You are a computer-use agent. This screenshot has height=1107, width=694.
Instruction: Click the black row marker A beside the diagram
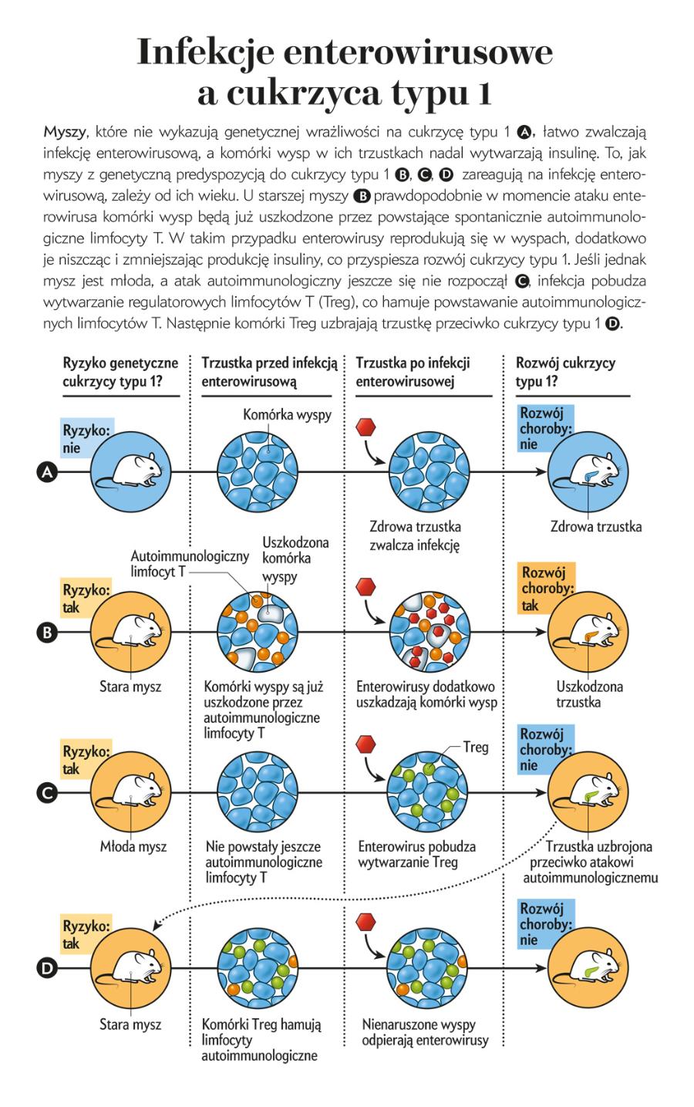pos(47,472)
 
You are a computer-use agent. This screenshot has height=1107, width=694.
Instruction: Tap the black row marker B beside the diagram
pos(47,632)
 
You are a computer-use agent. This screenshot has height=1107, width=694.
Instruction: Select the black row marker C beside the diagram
pos(47,793)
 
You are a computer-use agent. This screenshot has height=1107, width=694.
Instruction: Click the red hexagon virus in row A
pos(366,427)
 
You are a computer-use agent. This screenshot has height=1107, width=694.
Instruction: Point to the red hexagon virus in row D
pos(366,922)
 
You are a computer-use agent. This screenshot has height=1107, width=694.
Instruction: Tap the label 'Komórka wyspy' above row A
pos(287,414)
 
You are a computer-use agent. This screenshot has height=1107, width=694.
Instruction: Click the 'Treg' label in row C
pos(476,747)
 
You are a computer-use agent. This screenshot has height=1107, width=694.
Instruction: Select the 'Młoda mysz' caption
pos(133,846)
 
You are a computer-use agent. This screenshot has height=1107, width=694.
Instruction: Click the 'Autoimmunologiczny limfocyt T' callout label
pos(190,564)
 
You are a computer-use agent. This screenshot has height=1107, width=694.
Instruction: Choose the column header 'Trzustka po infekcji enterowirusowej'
pos(413,372)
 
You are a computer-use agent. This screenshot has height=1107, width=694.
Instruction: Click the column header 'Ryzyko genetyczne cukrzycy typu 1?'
pos(120,372)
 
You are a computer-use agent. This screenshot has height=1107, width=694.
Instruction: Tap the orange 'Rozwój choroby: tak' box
pos(547,589)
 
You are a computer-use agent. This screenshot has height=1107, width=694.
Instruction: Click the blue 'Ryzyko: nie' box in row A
pos(84,439)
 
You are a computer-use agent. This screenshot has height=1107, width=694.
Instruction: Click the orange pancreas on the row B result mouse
pos(590,636)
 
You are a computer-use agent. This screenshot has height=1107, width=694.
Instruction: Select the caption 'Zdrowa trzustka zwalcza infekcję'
pos(415,535)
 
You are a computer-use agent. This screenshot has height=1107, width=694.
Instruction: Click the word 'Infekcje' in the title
pos(205,52)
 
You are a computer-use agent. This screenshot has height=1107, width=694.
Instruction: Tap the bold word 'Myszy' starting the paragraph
pos(65,132)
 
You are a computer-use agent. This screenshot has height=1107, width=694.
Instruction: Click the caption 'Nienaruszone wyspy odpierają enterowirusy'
pos(425,1032)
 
